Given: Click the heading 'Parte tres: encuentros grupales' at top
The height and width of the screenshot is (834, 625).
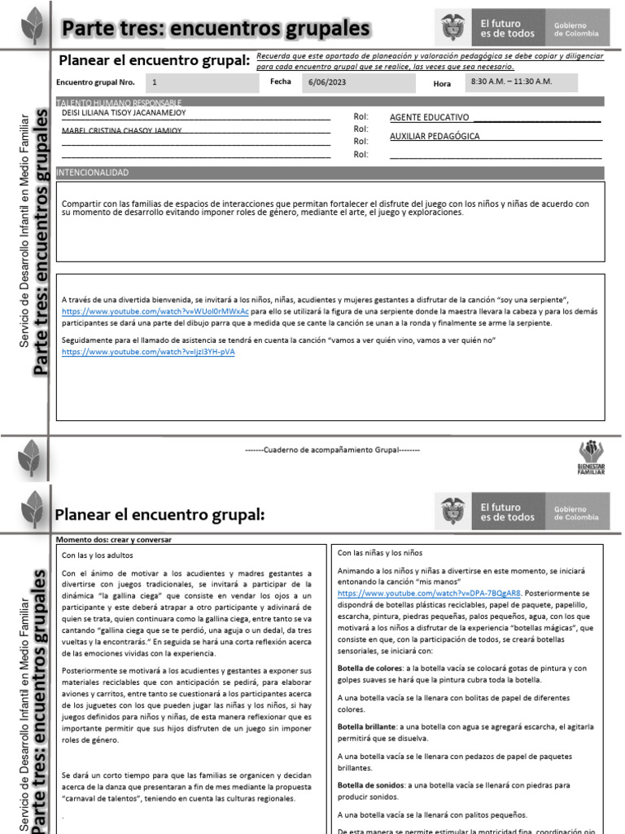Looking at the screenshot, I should (216, 29).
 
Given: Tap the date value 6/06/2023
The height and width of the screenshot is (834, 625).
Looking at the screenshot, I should (327, 83).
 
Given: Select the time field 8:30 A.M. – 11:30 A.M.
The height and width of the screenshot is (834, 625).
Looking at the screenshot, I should (510, 82).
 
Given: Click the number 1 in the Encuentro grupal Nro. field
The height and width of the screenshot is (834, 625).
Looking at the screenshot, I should (155, 83).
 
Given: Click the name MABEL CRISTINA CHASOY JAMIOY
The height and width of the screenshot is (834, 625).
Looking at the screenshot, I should (122, 130).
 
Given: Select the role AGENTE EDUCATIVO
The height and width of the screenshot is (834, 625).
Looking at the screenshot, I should (430, 118).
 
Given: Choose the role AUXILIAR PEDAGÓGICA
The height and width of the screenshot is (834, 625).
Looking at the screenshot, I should (435, 136).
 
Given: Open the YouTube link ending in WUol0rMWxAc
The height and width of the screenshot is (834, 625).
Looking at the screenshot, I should (155, 311).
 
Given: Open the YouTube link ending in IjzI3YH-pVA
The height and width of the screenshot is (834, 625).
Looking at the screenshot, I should (148, 351).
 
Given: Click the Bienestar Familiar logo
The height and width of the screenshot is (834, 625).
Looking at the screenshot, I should (592, 457).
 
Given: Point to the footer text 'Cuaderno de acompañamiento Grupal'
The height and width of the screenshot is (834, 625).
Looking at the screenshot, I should (332, 449).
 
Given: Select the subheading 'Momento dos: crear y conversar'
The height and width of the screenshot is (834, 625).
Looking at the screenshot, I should (114, 539).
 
